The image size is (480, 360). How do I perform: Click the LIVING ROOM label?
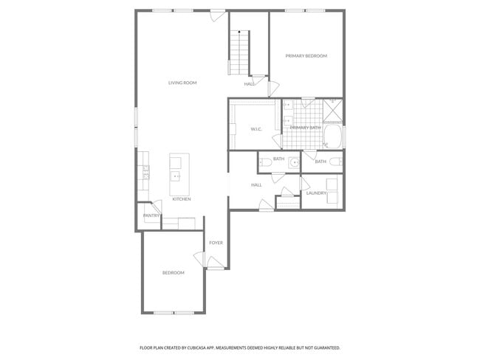[182, 83]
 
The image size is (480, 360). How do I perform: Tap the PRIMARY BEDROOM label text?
[306, 56]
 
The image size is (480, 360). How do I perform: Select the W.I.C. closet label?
[257, 129]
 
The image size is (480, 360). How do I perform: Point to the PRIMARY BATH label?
[305, 128]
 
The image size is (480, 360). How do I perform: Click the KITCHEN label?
[182, 199]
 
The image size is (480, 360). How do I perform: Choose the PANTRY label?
[151, 215]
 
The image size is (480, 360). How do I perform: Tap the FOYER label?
[216, 243]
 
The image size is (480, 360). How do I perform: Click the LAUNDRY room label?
[316, 193]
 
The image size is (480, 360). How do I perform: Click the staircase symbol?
[239, 52]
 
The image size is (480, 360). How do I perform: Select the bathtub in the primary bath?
[334, 137]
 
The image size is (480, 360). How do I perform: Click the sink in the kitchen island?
[176, 176]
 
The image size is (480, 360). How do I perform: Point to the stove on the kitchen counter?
[146, 174]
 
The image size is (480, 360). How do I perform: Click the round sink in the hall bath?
[294, 162]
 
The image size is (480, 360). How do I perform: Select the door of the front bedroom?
[199, 258]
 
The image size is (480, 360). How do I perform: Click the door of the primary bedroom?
[272, 87]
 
